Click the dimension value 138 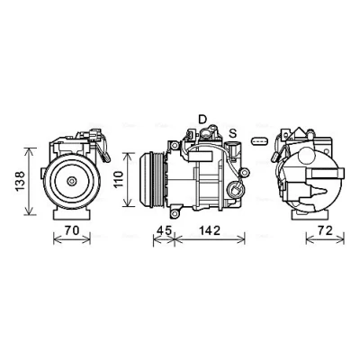coord(20,181)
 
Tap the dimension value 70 coord(72,230)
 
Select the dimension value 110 coord(119,179)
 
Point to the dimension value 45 coord(164,230)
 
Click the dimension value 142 coord(210,230)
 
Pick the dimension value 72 coord(325,230)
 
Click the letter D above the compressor coord(202,119)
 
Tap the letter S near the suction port coord(233,132)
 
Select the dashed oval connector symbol coord(260,140)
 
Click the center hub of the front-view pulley coord(71,181)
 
